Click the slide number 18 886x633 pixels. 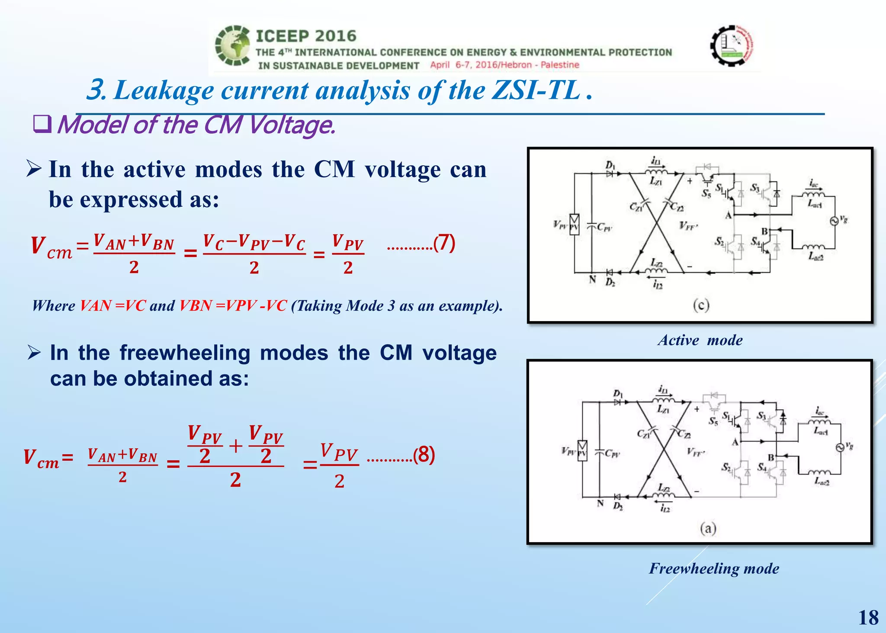click(868, 617)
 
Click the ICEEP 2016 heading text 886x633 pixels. click(306, 36)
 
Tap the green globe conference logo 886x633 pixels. click(233, 45)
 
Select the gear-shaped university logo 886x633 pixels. click(732, 45)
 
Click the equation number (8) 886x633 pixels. click(424, 455)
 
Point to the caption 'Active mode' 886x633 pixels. click(700, 340)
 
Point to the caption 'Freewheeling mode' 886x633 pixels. click(714, 568)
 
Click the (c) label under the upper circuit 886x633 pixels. click(701, 305)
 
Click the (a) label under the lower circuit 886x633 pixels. click(708, 528)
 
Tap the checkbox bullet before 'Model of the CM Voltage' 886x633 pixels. click(42, 125)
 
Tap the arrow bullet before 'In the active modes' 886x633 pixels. click(34, 169)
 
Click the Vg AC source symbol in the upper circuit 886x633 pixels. click(834, 221)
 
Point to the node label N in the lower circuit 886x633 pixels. click(600, 503)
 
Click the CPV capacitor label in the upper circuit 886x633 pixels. click(604, 227)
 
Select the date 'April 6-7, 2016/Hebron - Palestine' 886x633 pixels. click(504, 65)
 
